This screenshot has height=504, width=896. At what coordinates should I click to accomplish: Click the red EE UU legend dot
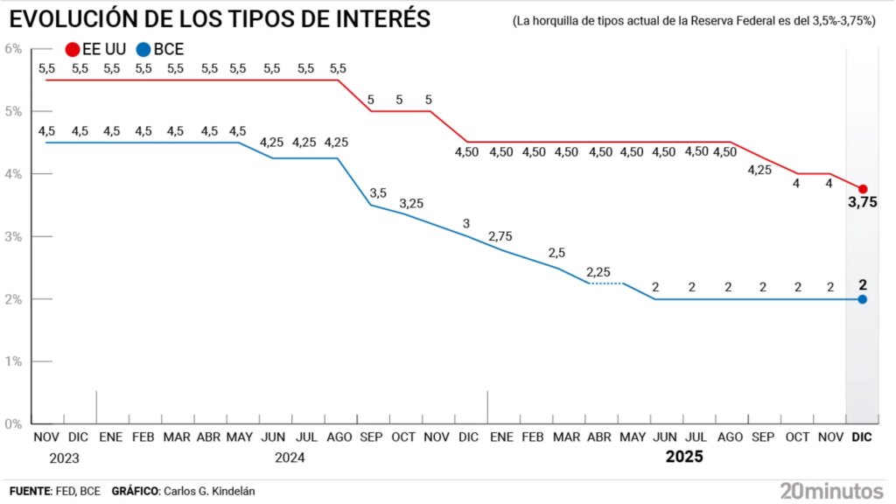(x=72, y=50)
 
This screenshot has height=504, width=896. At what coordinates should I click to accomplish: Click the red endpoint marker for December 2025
(x=863, y=189)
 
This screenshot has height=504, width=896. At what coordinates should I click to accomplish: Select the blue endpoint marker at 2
(x=863, y=299)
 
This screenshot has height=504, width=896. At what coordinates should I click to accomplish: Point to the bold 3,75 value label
(x=862, y=203)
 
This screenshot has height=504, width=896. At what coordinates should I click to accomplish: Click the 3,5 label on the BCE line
(x=378, y=192)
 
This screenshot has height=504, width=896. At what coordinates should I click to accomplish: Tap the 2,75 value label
(x=500, y=237)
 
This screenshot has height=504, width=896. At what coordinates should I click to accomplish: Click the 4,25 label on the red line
(x=759, y=170)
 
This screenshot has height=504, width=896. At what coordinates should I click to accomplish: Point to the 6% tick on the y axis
(x=13, y=49)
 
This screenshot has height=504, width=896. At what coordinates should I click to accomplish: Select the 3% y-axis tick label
(x=13, y=236)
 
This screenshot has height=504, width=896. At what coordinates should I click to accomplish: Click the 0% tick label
(x=13, y=424)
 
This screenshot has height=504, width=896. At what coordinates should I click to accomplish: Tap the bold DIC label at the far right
(x=862, y=437)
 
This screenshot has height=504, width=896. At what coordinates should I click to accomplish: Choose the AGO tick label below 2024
(x=338, y=437)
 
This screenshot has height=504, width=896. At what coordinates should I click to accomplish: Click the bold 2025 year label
(x=685, y=457)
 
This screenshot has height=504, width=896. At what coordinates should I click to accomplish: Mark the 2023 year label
(x=64, y=457)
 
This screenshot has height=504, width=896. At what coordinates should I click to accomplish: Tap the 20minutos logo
(x=830, y=490)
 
